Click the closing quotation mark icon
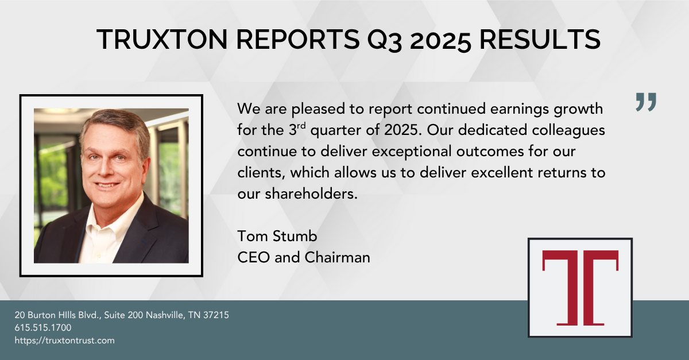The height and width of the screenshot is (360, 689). (646, 102)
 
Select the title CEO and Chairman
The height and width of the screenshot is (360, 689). (304, 257)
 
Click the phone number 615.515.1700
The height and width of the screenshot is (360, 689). (43, 328)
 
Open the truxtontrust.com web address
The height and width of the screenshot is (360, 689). (65, 340)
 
